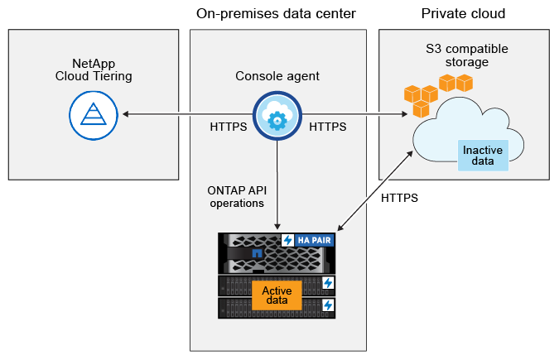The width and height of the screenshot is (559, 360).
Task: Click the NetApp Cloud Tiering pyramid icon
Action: point(90,113)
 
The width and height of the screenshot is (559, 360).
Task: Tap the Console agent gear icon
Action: point(278,118)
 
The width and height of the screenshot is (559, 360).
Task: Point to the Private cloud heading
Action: point(463,14)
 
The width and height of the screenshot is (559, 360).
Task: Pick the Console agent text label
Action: point(277,76)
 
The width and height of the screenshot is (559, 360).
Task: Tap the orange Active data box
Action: point(276,295)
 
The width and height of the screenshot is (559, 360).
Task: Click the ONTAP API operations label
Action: point(235,196)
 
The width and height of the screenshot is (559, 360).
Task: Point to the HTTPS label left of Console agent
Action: point(229,127)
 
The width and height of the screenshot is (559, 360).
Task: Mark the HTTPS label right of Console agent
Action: point(327,127)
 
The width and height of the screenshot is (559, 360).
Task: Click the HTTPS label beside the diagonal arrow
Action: point(399,199)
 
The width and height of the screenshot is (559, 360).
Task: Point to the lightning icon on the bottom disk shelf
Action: point(328,305)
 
